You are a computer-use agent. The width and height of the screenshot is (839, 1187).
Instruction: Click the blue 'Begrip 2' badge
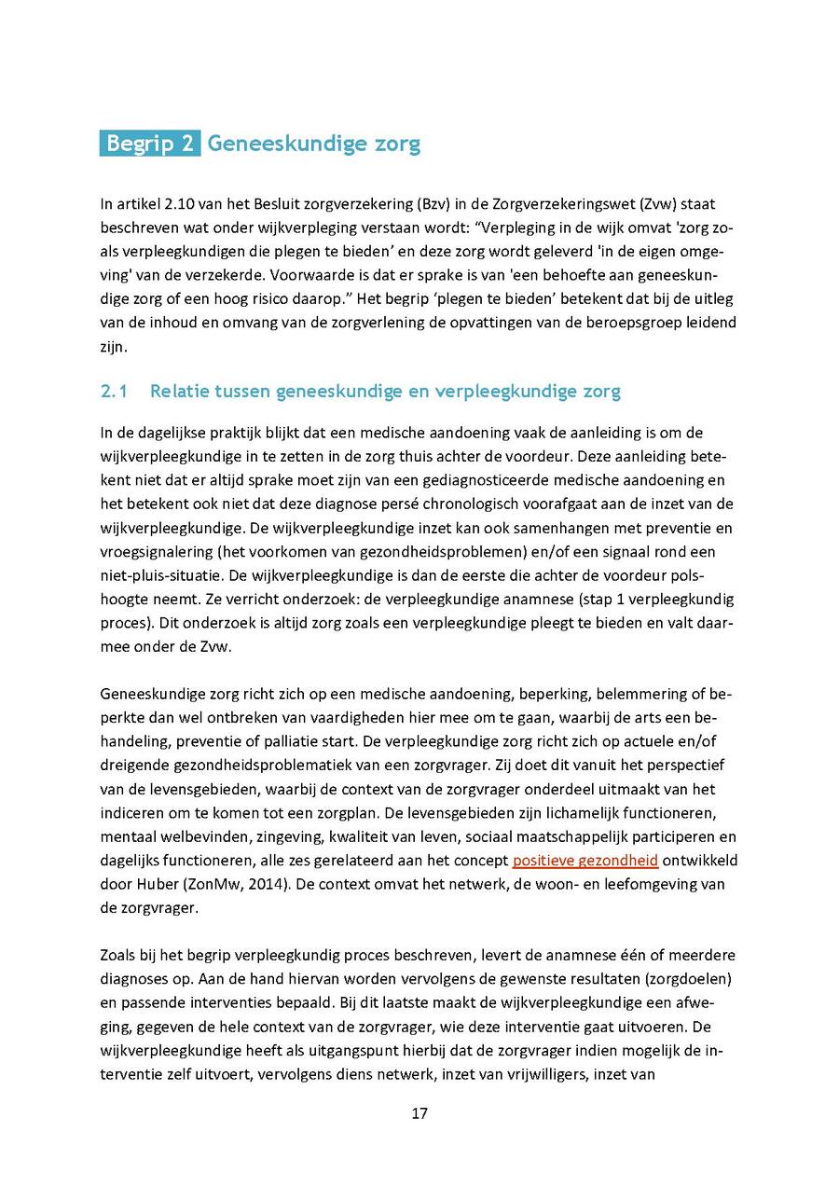pos(149,144)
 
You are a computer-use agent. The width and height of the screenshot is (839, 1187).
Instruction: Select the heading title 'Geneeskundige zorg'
pos(313,144)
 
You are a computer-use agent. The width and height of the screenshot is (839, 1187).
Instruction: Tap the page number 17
pos(419,1113)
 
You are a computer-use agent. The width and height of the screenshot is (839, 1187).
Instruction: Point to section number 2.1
pos(114,392)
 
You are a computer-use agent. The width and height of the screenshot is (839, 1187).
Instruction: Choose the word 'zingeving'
pos(252,836)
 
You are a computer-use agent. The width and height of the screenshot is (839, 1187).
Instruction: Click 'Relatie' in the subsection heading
pos(182,392)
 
